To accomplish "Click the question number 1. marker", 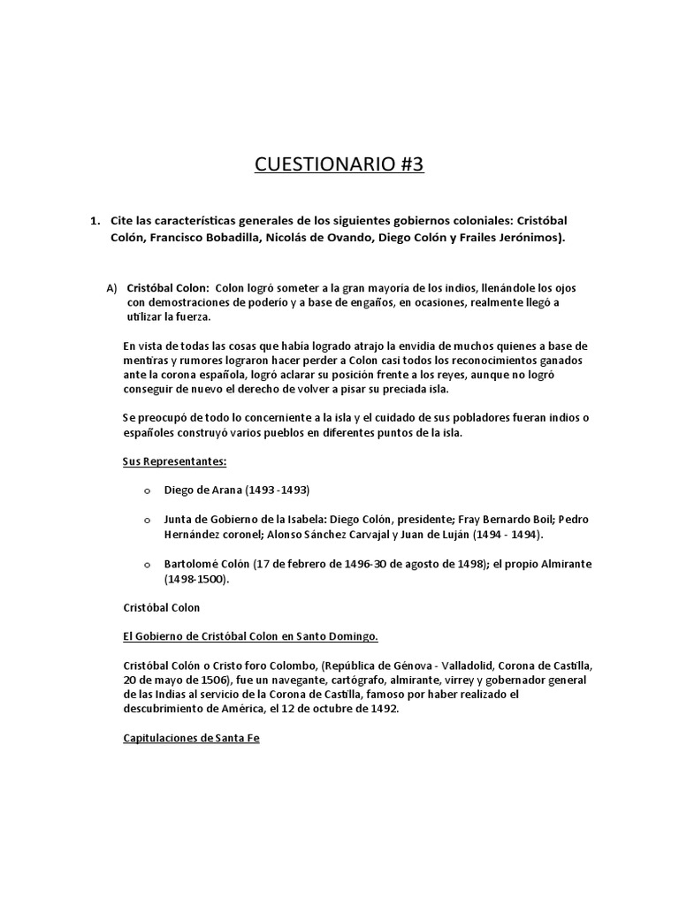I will [94, 220].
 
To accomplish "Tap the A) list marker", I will [111, 288].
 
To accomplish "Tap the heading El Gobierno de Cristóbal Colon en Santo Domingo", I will [250, 635].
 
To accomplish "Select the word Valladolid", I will [457, 664].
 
